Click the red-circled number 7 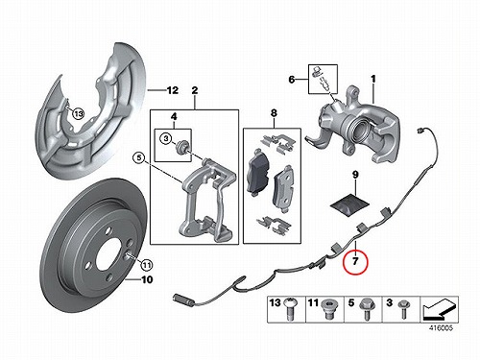pos(355,261)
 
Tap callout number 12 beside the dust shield pos(173,90)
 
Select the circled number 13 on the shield pos(78,113)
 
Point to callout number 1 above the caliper pos(373,79)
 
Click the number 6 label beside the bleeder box pos(292,79)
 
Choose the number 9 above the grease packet pos(355,175)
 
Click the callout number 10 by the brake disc pos(147,279)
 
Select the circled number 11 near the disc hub pos(146,265)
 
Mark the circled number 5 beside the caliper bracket pos(138,157)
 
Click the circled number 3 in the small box pos(166,138)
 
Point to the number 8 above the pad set pos(274,113)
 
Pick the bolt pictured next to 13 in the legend pos(289,309)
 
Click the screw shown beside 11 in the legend pos(327,309)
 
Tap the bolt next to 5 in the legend pos(365,309)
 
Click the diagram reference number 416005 pos(441,327)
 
